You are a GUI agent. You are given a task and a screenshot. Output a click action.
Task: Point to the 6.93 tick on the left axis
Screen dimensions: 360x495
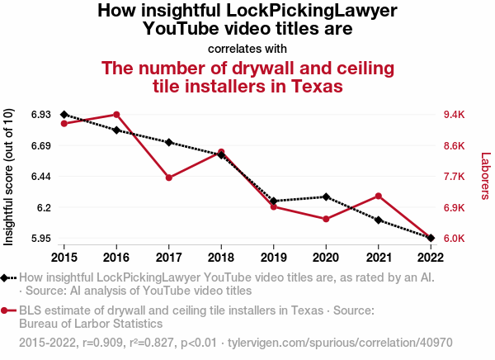(38, 115)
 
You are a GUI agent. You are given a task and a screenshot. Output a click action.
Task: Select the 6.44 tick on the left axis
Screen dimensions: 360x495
(38, 177)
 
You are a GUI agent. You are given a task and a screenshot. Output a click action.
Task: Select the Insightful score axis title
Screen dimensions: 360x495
(9, 177)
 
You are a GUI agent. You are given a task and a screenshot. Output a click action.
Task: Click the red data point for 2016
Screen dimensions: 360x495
(116, 115)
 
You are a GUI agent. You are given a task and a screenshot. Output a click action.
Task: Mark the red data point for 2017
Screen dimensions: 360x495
(168, 178)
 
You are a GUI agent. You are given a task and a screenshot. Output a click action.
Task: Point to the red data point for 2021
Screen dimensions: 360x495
(378, 196)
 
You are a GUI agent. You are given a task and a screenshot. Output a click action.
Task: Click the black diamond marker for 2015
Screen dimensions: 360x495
(64, 115)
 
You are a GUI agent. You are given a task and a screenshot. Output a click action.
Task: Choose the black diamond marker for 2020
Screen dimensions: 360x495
(326, 197)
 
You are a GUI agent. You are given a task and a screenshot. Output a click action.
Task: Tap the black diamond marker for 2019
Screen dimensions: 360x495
(273, 201)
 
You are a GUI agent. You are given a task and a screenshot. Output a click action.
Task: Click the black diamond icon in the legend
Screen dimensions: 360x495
(6, 278)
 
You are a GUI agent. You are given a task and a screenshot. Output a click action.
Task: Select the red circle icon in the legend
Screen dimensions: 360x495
(6, 310)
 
